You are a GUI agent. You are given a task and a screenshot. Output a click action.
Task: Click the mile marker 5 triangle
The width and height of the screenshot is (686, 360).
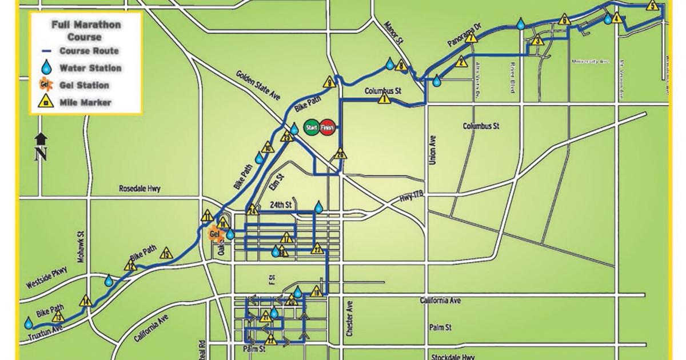pos(653,6)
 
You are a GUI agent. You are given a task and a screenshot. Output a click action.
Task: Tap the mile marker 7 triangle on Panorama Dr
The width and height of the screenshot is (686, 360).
pos(471,38)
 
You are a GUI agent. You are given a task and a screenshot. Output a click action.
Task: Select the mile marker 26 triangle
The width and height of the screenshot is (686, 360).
pos(340,154)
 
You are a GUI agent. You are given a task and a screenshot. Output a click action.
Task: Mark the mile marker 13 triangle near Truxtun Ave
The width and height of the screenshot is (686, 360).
pos(58,318)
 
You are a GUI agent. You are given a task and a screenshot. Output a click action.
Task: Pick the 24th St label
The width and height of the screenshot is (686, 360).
pos(280,203)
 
